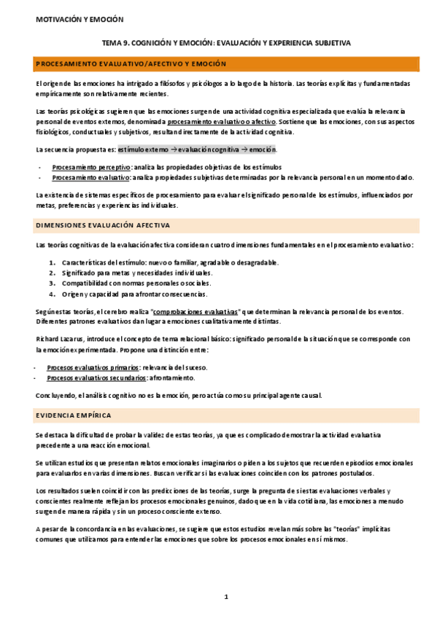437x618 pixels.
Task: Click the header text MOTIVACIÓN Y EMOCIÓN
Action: coord(80,20)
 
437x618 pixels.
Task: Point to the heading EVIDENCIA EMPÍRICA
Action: coord(73,415)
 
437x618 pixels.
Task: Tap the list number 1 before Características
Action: coord(52,262)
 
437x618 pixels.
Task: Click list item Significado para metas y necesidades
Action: coord(130,273)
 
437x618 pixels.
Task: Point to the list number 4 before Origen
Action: coord(52,294)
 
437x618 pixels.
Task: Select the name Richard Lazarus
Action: coord(61,339)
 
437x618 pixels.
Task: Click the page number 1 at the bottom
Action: coord(226,597)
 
